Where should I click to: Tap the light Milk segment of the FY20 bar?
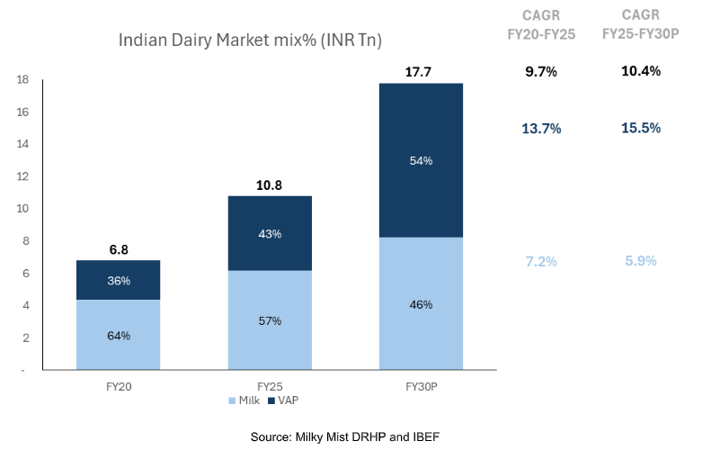pyautogui.click(x=119, y=335)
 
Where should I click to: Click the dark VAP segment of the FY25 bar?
pyautogui.click(x=270, y=233)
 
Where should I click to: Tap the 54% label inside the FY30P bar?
pyautogui.click(x=421, y=160)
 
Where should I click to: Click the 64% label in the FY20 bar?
pyautogui.click(x=119, y=336)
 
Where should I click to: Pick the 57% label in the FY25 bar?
pyautogui.click(x=270, y=320)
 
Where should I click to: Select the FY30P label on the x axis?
pyautogui.click(x=421, y=385)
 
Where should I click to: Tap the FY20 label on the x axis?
pyautogui.click(x=119, y=385)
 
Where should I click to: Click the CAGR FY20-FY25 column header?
pyautogui.click(x=541, y=24)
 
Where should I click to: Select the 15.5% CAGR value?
pyautogui.click(x=641, y=128)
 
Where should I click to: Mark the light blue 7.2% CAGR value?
pyautogui.click(x=541, y=261)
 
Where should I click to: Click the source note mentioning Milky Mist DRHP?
pyautogui.click(x=345, y=436)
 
